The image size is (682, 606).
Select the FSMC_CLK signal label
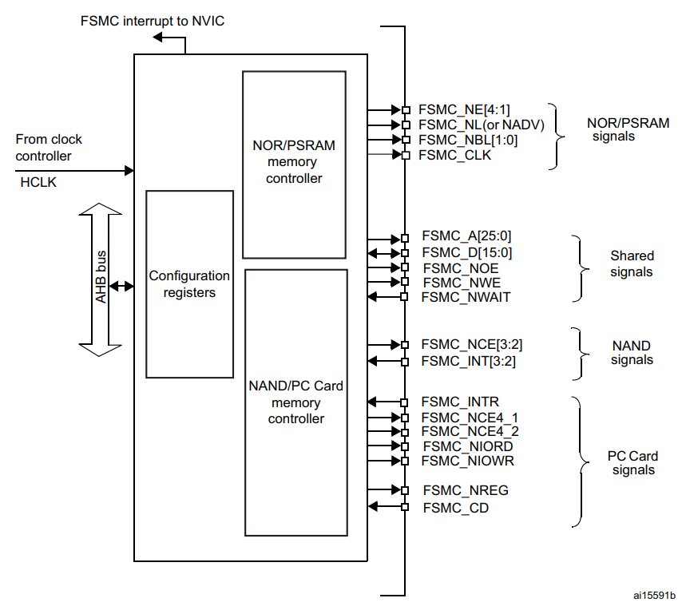[454, 155]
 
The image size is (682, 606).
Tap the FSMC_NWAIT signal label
[466, 297]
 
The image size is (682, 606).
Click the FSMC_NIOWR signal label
[468, 461]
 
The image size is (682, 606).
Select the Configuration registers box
[189, 284]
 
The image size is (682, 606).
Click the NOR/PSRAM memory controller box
[294, 164]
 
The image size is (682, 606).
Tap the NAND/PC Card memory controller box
[295, 402]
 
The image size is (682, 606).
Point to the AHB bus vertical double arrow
[101, 279]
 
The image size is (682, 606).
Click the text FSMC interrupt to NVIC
[153, 20]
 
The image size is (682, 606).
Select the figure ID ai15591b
[654, 595]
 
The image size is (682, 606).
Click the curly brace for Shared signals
[577, 268]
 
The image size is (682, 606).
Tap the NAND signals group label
[631, 353]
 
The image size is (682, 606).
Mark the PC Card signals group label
[632, 463]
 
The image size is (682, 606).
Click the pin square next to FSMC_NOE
[406, 268]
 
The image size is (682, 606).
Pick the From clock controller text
[49, 148]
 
